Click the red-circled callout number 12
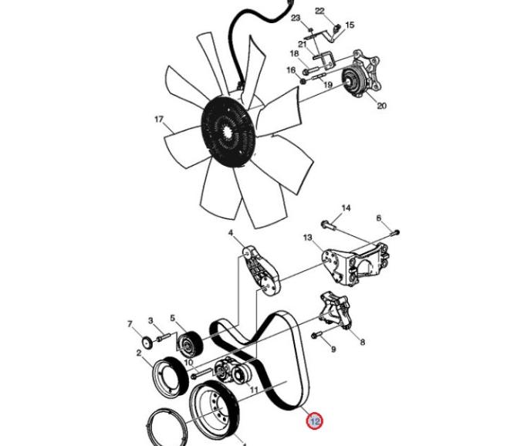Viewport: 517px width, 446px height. click(x=314, y=421)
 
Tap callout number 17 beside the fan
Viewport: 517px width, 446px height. click(x=159, y=119)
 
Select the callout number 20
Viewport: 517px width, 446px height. click(x=381, y=106)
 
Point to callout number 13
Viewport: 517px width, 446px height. click(x=307, y=238)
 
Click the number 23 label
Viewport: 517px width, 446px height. click(x=296, y=18)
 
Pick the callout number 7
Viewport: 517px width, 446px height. click(x=130, y=324)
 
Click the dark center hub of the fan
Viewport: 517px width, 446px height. click(x=228, y=131)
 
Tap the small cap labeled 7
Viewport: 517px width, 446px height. click(x=147, y=343)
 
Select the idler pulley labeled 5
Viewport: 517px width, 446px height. click(x=188, y=344)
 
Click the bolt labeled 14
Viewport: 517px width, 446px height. click(x=328, y=225)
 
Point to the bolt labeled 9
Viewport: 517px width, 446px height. click(x=316, y=336)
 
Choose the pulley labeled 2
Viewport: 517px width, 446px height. click(x=171, y=377)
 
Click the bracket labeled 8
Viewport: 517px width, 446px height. click(x=336, y=310)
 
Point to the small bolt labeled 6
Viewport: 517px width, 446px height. click(x=394, y=233)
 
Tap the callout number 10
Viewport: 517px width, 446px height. click(x=188, y=363)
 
